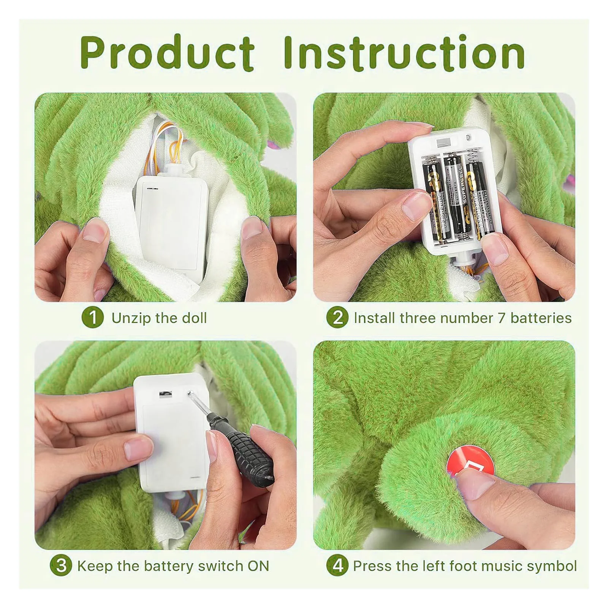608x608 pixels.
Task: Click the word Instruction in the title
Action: tap(404, 53)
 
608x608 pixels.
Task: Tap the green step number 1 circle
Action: tap(92, 318)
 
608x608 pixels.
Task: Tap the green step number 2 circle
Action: tap(337, 318)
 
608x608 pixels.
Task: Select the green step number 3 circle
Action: tap(61, 566)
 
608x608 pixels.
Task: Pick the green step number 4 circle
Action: tap(337, 566)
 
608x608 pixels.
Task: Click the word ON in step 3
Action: tap(258, 566)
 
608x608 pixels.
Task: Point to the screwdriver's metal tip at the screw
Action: tap(190, 393)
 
